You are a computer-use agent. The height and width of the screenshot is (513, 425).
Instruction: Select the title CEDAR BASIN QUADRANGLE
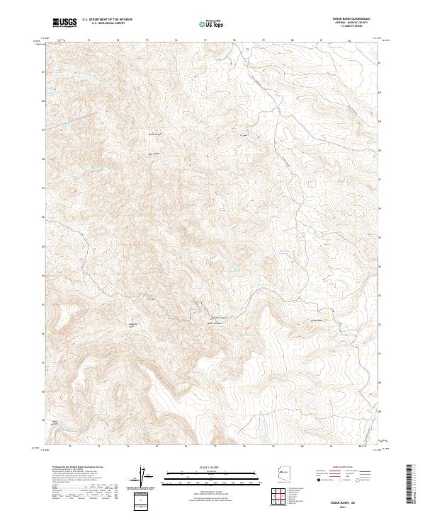point(357,18)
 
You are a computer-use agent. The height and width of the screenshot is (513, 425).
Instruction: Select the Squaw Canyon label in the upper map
point(155,132)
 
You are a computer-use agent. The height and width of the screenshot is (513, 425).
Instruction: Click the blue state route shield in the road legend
point(313,480)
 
